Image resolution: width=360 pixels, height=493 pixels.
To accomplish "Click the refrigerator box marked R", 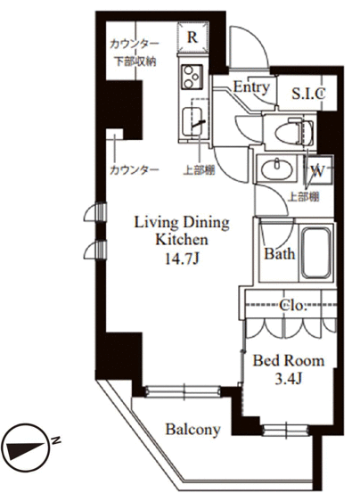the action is click(x=192, y=37).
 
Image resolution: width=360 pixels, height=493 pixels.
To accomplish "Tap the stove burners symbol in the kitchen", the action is click(x=192, y=77).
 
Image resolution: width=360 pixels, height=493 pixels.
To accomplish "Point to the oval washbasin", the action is click(x=276, y=169).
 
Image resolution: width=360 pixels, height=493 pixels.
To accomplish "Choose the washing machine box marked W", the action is click(x=317, y=170).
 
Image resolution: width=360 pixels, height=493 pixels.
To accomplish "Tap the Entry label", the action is click(x=251, y=87).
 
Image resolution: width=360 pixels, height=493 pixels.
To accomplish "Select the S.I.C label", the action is click(x=308, y=93).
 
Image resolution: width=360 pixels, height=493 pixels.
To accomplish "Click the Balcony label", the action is click(x=193, y=429).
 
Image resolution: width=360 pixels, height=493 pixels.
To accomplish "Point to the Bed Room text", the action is click(x=289, y=360).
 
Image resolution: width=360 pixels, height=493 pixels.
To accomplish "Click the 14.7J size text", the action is click(x=182, y=259).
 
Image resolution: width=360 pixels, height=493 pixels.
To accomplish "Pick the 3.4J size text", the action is click(x=289, y=379).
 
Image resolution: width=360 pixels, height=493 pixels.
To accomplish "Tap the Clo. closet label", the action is click(x=293, y=305).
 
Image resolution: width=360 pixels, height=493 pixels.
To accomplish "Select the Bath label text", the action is click(x=279, y=253).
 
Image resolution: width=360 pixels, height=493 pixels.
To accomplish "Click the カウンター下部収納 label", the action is click(x=135, y=53).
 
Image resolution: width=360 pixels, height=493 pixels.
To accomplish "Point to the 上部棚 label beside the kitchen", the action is click(x=200, y=170).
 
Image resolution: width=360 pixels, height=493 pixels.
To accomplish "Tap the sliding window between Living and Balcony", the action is click(x=184, y=391).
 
